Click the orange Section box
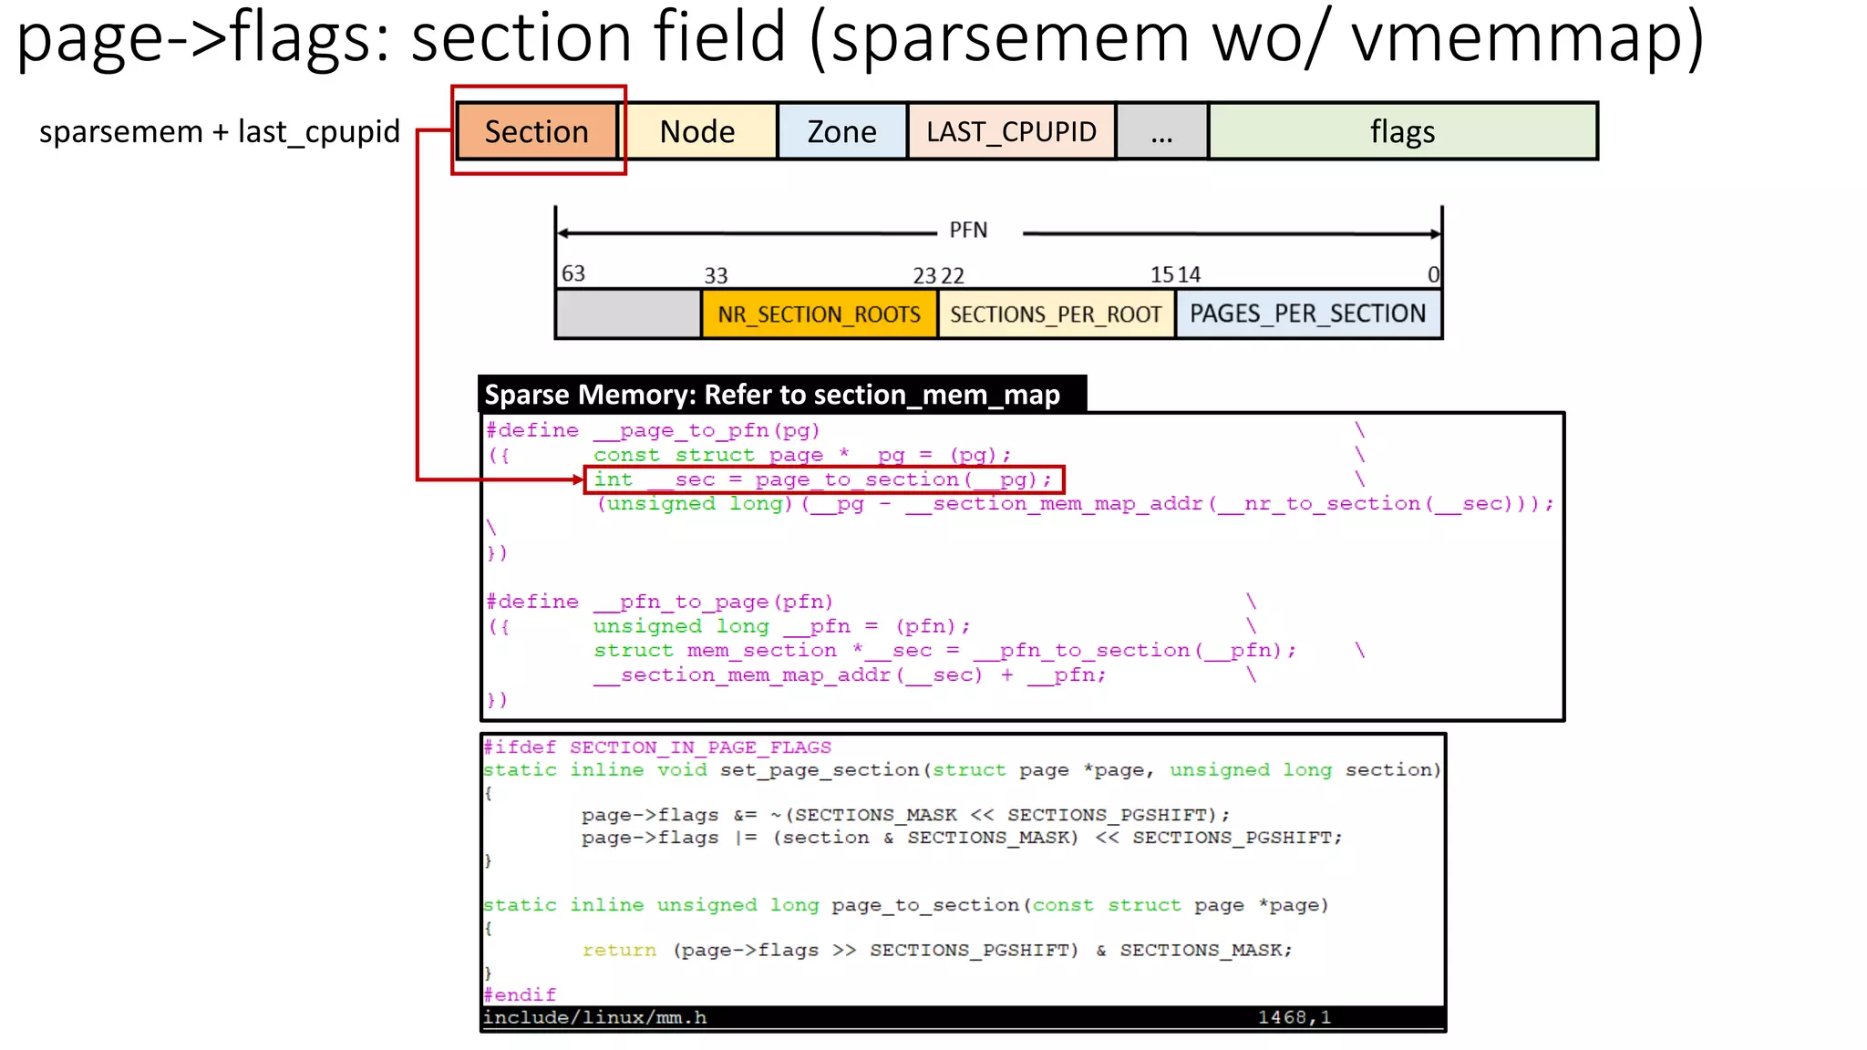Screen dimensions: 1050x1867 (537, 132)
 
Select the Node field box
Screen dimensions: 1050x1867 (697, 132)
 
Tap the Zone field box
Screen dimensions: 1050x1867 (841, 132)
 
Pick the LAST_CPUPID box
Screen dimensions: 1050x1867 (1011, 132)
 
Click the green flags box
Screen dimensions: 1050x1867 (1402, 132)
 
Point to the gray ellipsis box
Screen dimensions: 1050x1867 (1161, 132)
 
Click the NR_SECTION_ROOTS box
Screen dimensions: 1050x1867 (819, 314)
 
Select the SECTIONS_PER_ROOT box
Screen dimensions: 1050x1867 (1056, 314)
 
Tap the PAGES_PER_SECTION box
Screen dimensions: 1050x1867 (1307, 314)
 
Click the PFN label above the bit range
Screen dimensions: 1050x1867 (968, 231)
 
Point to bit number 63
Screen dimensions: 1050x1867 (573, 273)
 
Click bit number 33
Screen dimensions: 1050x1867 (716, 275)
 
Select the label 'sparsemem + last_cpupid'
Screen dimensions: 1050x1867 (220, 132)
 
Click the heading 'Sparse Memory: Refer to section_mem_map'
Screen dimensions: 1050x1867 (772, 395)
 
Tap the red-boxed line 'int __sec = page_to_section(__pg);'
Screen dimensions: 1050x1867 (823, 479)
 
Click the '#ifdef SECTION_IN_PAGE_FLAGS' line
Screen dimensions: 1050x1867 (656, 747)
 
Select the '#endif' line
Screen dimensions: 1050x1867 (520, 994)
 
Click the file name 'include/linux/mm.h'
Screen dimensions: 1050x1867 (594, 1017)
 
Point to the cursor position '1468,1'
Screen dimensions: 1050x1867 (1295, 1017)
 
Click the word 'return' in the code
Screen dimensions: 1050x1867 (619, 950)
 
